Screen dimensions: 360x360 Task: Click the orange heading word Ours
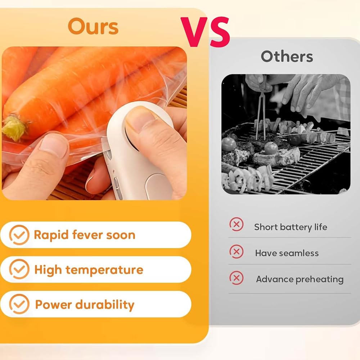(93, 26)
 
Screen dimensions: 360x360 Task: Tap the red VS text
(205, 32)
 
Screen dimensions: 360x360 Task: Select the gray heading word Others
(287, 56)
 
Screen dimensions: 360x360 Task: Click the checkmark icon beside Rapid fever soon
(19, 235)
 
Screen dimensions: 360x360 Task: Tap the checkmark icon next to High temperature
(19, 269)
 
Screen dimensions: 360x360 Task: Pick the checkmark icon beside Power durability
(19, 304)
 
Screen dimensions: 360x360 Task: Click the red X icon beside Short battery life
(236, 224)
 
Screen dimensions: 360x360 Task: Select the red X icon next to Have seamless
(236, 252)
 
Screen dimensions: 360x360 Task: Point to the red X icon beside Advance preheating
(236, 278)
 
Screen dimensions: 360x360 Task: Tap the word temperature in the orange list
(104, 270)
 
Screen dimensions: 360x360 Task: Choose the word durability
(105, 305)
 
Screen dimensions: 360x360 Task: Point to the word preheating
(319, 280)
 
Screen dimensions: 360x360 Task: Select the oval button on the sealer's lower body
(159, 186)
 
